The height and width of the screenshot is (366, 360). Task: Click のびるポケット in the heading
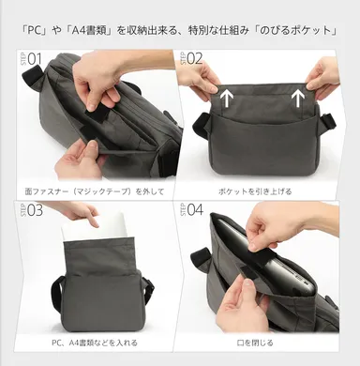point(299,28)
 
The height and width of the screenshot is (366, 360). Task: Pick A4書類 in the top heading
point(86,28)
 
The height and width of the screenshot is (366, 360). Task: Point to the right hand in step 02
point(322,75)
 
